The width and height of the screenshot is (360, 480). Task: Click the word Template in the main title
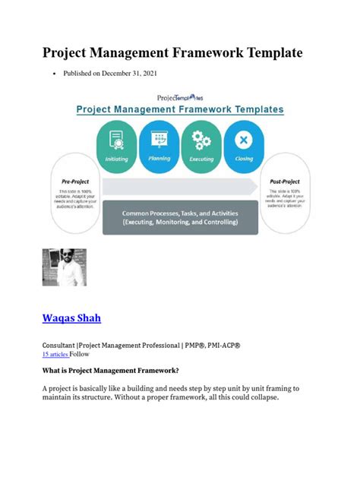262,52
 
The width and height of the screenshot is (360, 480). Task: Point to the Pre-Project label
77,182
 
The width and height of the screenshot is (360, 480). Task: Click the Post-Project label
284,182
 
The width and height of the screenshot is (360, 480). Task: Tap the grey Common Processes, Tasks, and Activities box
180,218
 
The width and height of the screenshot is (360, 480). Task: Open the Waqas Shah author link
71,317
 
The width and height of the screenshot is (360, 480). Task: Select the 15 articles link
55,354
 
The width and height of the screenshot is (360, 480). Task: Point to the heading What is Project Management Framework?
110,371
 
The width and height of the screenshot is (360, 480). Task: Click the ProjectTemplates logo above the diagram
180,98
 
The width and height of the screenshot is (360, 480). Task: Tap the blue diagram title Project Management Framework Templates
180,109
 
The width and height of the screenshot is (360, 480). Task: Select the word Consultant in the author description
62,345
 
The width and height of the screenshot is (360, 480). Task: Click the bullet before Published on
53,74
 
